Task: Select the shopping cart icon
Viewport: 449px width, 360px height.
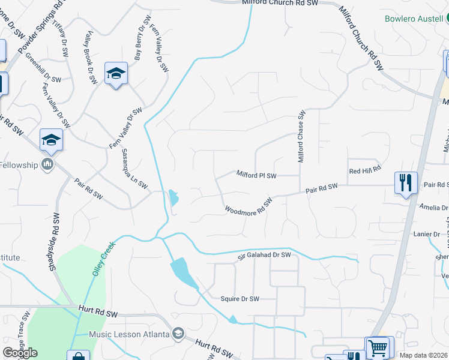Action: click(378, 347)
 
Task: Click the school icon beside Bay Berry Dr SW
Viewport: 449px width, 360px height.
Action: click(116, 74)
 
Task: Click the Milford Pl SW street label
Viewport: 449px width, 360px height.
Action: click(256, 176)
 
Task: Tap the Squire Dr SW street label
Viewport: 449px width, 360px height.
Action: click(240, 299)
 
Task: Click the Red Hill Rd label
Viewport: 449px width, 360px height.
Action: click(365, 170)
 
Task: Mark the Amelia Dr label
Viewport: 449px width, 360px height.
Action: click(434, 208)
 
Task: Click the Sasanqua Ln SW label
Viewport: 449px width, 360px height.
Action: click(134, 169)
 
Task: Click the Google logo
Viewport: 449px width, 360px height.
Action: click(20, 353)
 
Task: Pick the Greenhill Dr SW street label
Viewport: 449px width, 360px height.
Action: click(43, 68)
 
